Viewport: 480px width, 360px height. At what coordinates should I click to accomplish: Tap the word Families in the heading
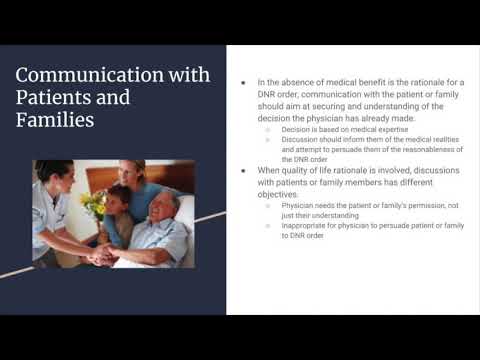56,120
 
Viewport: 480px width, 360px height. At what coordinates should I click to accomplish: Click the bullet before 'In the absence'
246,82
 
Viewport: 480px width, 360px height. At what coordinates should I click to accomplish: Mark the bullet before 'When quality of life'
246,171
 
